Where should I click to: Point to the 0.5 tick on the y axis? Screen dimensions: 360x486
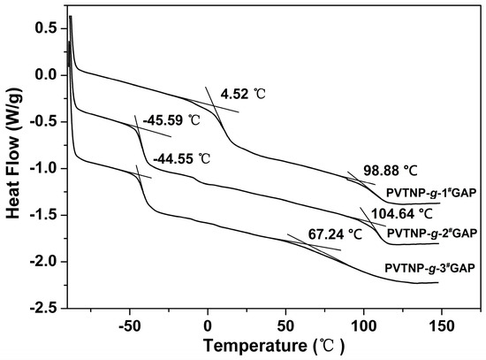click(x=46, y=28)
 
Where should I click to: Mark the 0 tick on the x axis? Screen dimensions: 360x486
click(x=208, y=321)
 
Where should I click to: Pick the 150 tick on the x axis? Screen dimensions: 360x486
click(x=441, y=321)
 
